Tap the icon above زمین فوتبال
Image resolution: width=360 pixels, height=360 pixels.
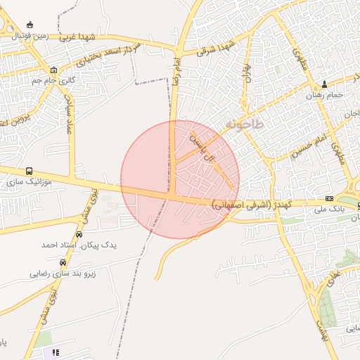30,25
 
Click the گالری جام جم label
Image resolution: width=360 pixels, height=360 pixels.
52,81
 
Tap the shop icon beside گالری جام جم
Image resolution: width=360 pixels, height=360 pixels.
54,70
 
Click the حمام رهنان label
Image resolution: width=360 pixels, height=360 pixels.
325,94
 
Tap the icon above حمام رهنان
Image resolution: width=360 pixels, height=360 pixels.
324,83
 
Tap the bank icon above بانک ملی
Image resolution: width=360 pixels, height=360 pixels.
328,199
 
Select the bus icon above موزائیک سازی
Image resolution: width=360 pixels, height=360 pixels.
29,171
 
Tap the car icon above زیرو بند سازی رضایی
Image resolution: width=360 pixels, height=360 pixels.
63,262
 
